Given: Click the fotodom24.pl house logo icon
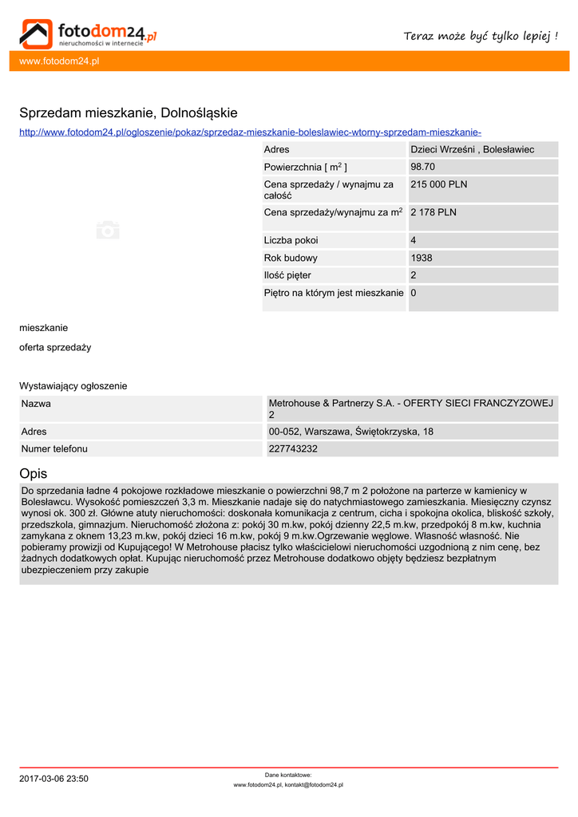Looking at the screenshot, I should click(x=36, y=34).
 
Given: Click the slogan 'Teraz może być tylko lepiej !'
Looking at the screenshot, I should click(x=481, y=36).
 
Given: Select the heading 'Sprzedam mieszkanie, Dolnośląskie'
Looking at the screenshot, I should click(x=129, y=113).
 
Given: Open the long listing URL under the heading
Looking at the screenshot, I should click(x=250, y=132).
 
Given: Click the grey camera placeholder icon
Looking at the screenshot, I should click(x=108, y=231).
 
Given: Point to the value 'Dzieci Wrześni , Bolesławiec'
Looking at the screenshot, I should click(x=472, y=150).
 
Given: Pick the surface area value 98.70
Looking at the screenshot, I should click(x=422, y=168).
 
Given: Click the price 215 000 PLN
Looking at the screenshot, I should click(x=438, y=184).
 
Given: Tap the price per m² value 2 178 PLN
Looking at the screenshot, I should click(x=433, y=213).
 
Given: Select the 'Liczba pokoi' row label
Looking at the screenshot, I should click(x=291, y=241).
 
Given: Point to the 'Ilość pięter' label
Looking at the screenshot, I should click(x=287, y=276).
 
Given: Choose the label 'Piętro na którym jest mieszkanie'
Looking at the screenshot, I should click(x=334, y=294).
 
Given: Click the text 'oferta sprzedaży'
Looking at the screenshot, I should click(x=55, y=348).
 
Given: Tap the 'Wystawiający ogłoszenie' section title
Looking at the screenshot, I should click(x=73, y=386).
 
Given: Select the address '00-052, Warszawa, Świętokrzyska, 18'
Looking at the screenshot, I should click(x=351, y=432).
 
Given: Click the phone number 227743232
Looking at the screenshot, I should click(x=293, y=449).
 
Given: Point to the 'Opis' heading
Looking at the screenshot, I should click(x=34, y=473).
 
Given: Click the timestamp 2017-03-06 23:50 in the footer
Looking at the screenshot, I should click(x=53, y=779).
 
